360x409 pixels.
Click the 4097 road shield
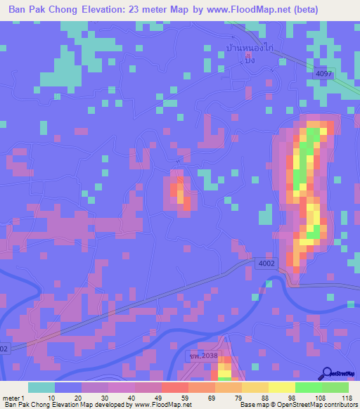pyautogui.click(x=323, y=73)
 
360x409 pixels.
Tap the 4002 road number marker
pyautogui.click(x=266, y=263)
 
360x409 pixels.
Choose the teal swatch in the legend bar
pyautogui.click(x=41, y=387)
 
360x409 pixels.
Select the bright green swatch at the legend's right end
pyautogui.click(x=335, y=387)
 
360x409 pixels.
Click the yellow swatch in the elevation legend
pyautogui.click(x=282, y=387)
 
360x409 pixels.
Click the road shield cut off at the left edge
pyautogui.click(x=4, y=348)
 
